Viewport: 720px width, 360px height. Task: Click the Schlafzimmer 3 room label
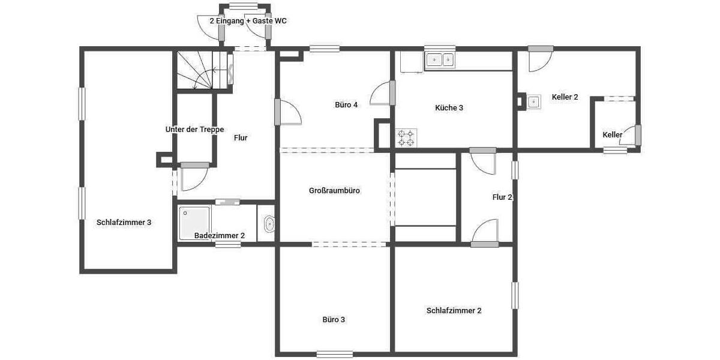[124, 223]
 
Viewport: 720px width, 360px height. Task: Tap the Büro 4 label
[346, 105]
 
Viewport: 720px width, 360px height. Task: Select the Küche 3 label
[449, 108]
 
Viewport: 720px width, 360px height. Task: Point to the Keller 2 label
[565, 97]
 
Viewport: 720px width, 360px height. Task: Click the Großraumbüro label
[334, 191]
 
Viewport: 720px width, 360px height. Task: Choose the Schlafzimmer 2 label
[454, 311]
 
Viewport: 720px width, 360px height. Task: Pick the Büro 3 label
[334, 320]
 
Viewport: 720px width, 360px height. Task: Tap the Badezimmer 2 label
[220, 236]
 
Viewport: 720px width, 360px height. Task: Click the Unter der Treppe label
[194, 130]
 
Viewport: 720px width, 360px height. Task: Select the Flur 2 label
[502, 197]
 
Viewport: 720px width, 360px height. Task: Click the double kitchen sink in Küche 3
[440, 59]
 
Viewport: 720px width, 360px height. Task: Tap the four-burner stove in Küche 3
[406, 137]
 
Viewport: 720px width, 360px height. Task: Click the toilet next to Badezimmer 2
[269, 224]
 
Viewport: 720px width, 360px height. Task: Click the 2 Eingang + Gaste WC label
[248, 20]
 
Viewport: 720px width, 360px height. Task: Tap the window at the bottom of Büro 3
[334, 354]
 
